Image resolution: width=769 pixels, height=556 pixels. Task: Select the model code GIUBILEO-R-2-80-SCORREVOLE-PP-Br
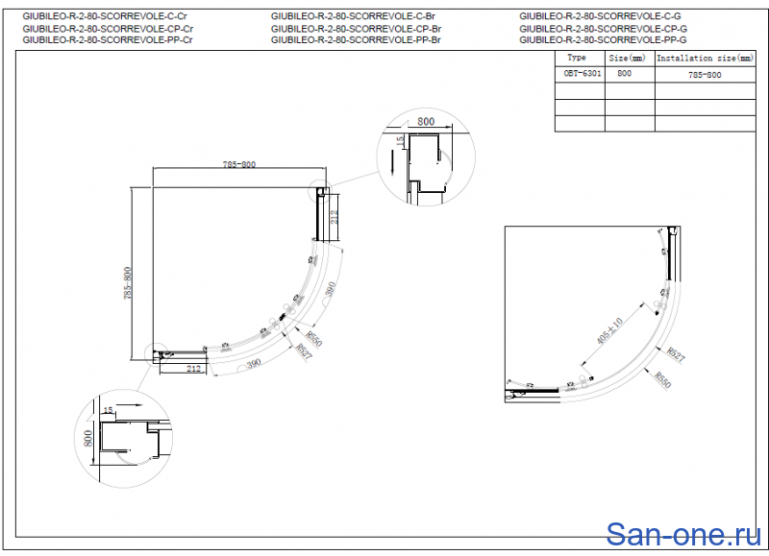(356, 40)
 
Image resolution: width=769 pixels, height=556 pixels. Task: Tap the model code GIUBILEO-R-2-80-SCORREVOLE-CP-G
(603, 29)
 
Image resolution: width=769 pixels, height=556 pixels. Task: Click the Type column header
(578, 59)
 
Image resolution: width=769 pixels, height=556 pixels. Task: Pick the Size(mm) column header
(629, 59)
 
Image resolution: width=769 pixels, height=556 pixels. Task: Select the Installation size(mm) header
(706, 59)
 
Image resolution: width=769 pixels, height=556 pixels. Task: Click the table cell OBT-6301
(579, 74)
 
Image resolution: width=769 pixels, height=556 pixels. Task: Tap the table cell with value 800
(625, 74)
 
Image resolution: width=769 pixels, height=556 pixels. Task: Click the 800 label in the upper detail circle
(427, 123)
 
